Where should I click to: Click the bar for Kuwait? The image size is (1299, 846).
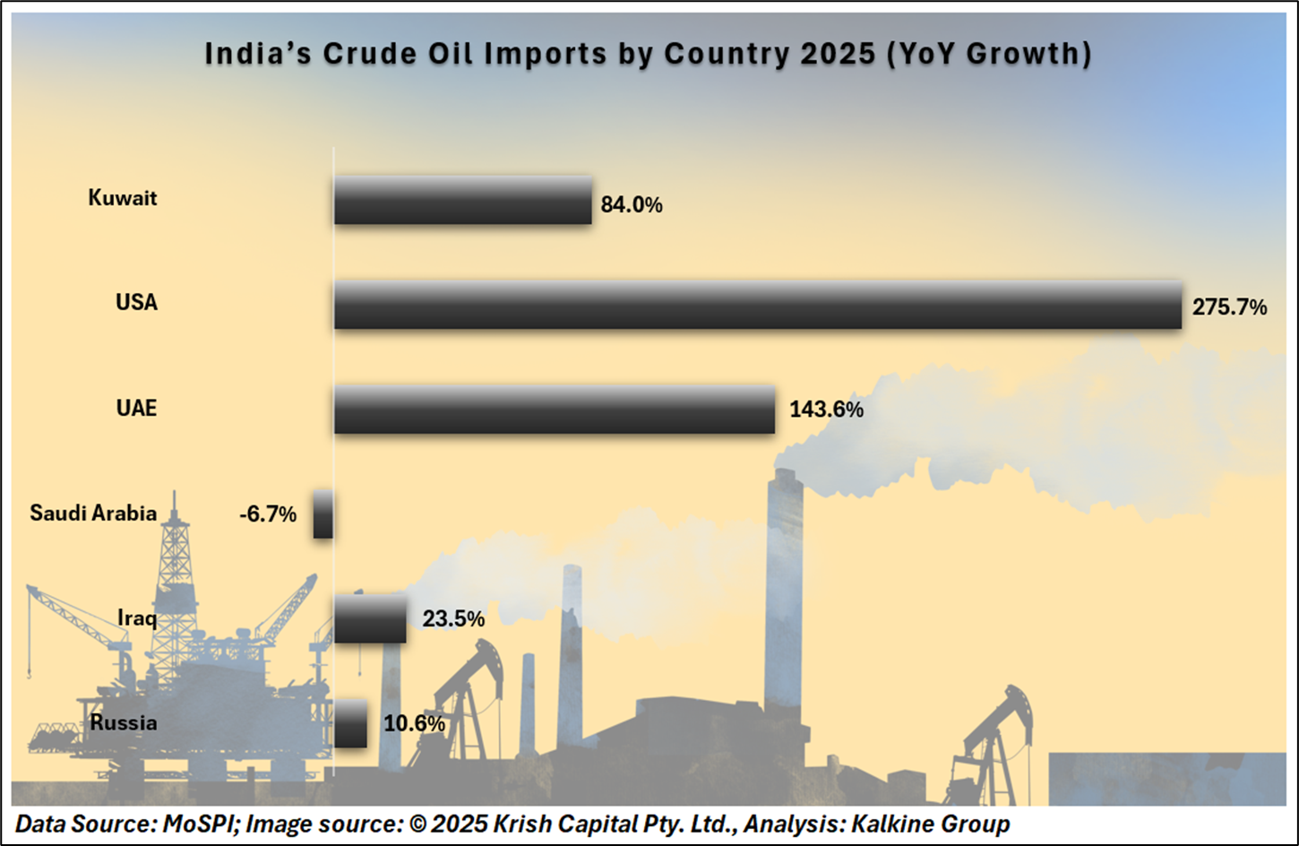point(462,200)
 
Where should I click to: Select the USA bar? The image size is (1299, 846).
point(757,305)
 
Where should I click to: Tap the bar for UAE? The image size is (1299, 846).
point(554,410)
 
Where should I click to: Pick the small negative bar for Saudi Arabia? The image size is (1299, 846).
point(323,514)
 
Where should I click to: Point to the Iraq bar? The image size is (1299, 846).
point(370,619)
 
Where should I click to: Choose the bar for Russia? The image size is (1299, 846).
point(350,723)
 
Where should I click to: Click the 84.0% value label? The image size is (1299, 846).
point(632,205)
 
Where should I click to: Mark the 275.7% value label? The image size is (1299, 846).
point(1229,308)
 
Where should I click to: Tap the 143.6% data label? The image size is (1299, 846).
point(826,410)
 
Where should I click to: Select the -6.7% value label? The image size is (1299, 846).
point(267,514)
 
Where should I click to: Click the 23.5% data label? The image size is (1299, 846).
point(453,619)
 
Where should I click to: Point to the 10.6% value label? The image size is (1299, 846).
point(414,723)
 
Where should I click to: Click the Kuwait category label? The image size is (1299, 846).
point(123,198)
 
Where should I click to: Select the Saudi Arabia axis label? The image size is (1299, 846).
point(93,514)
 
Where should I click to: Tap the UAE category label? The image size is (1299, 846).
point(136,409)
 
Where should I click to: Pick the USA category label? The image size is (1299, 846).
point(136,303)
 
